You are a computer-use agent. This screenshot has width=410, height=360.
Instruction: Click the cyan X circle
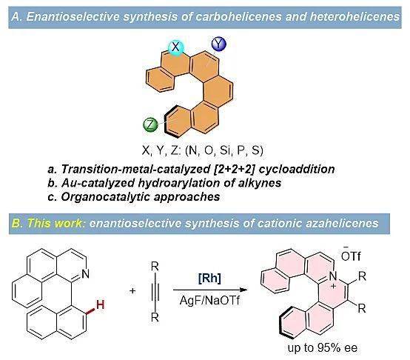(175, 47)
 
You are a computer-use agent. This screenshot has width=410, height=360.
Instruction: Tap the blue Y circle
(218, 44)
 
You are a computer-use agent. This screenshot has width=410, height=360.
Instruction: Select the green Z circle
(151, 124)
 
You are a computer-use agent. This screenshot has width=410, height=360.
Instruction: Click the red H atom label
(100, 304)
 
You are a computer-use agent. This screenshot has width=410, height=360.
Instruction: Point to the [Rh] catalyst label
(209, 278)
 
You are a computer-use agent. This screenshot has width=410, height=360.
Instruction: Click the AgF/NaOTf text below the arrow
(209, 300)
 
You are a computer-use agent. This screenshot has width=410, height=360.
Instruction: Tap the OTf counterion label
(351, 256)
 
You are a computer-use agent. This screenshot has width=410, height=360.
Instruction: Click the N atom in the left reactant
(85, 274)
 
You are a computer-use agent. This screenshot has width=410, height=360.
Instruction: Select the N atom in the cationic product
(332, 276)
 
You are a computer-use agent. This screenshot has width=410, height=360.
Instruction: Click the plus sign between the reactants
(132, 290)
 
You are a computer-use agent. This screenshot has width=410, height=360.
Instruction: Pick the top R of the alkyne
(155, 267)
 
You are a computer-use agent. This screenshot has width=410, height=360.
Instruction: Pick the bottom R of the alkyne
(155, 317)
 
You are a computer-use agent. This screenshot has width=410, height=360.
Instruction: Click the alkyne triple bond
(155, 292)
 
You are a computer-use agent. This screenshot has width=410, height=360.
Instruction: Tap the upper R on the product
(362, 276)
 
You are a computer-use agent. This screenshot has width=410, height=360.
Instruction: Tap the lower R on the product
(362, 308)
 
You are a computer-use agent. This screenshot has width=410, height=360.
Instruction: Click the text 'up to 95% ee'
(323, 348)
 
